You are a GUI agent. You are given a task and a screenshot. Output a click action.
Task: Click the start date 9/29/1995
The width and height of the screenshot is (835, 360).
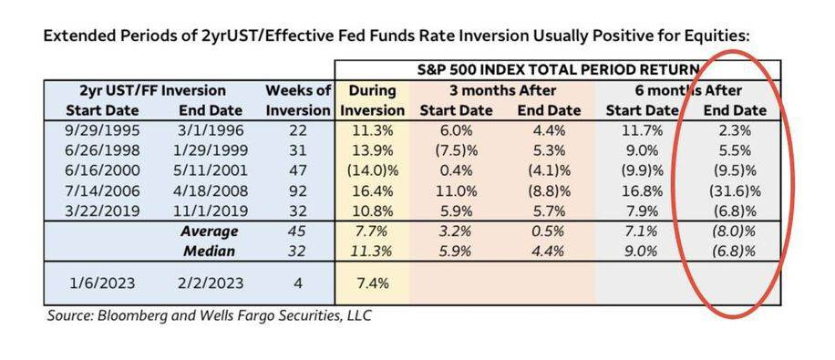coord(102,130)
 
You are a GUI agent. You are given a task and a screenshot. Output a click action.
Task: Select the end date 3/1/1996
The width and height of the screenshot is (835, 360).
coord(210,130)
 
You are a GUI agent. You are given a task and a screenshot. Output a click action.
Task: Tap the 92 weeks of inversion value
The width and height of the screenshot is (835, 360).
coord(298,190)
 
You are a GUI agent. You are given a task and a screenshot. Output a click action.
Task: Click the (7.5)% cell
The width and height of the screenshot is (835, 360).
coord(456,150)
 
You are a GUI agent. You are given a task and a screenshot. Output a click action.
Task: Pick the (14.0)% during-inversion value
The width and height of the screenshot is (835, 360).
coord(373,170)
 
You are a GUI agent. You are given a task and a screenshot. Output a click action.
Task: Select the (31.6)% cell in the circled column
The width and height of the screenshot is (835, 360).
coord(735,190)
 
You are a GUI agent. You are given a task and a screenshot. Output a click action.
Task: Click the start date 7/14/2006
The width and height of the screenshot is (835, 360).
coord(102,190)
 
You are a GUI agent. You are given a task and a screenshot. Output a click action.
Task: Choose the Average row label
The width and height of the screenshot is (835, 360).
coord(210,231)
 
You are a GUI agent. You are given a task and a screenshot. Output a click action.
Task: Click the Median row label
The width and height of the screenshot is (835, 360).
coord(210,252)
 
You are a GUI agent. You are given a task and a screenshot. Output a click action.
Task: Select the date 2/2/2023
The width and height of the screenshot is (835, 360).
coord(210,283)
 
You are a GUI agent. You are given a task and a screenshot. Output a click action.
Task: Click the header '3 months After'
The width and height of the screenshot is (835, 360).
coord(502,90)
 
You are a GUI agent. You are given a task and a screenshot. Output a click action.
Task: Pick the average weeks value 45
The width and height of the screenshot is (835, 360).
coord(298,231)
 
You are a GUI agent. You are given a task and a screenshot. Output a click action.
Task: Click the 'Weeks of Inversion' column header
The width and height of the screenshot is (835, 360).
coord(298,100)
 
